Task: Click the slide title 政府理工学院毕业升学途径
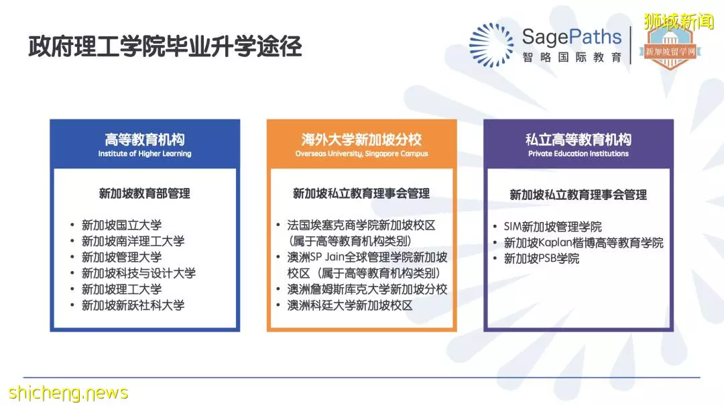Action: click(x=166, y=46)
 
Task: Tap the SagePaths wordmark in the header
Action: click(x=572, y=37)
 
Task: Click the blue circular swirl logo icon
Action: click(x=491, y=45)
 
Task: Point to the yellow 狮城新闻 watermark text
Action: click(x=678, y=21)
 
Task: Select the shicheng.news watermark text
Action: click(x=68, y=393)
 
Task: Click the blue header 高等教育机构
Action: click(x=145, y=139)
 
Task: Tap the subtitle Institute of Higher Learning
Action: click(x=145, y=154)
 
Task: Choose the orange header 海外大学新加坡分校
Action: click(x=361, y=139)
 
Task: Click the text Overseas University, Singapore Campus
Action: click(x=361, y=154)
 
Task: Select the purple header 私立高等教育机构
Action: click(x=578, y=139)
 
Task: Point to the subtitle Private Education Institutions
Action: click(x=578, y=154)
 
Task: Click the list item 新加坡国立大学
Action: click(x=121, y=225)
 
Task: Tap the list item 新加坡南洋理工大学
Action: click(x=133, y=241)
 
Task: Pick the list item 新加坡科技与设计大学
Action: click(x=139, y=273)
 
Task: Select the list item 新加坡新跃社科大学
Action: click(x=133, y=305)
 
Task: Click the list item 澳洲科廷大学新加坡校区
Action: click(x=349, y=305)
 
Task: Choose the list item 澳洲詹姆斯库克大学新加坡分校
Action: click(x=367, y=289)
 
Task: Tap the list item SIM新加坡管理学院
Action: click(x=552, y=227)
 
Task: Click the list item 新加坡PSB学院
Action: click(x=541, y=258)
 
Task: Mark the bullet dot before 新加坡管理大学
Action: click(x=72, y=257)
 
